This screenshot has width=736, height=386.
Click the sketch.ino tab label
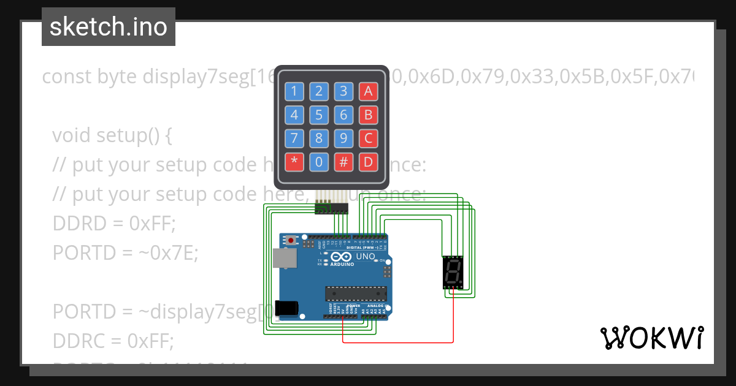(108, 27)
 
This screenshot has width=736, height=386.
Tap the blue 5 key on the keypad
(318, 115)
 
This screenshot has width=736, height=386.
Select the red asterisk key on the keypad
(294, 162)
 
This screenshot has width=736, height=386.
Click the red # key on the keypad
(343, 162)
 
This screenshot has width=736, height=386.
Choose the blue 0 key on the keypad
(318, 162)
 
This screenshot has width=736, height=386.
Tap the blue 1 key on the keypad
(294, 92)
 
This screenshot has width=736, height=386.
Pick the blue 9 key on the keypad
(343, 138)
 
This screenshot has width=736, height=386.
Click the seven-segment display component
(453, 273)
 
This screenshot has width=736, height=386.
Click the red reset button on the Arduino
(301, 239)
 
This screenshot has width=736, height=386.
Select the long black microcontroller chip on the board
(356, 295)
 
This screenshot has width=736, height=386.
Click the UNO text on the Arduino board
(366, 256)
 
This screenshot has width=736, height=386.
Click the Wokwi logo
(651, 338)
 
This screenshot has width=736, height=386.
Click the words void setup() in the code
(111, 135)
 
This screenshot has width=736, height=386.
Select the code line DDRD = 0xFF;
(114, 224)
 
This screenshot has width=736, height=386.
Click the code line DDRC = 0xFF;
(113, 340)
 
